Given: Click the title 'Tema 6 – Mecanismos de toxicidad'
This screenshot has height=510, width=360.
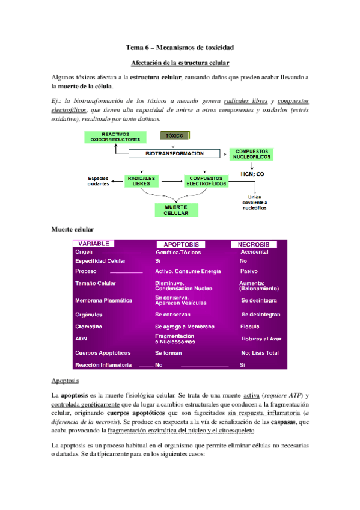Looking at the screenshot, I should pyautogui.click(x=180, y=47).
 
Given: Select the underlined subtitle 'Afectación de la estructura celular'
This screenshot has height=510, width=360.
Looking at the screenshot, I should pyautogui.click(x=180, y=63).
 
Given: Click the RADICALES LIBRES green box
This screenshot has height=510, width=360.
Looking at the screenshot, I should pyautogui.click(x=142, y=181).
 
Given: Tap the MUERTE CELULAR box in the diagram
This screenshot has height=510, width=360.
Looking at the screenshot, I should pyautogui.click(x=172, y=210).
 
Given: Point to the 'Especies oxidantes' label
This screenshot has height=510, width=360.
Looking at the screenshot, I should pyautogui.click(x=99, y=181).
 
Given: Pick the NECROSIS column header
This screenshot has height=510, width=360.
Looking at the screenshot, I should pyautogui.click(x=254, y=245).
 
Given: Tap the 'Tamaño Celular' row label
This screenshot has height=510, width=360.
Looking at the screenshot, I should pyautogui.click(x=96, y=283).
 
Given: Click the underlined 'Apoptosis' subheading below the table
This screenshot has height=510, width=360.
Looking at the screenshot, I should pyautogui.click(x=64, y=382).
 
